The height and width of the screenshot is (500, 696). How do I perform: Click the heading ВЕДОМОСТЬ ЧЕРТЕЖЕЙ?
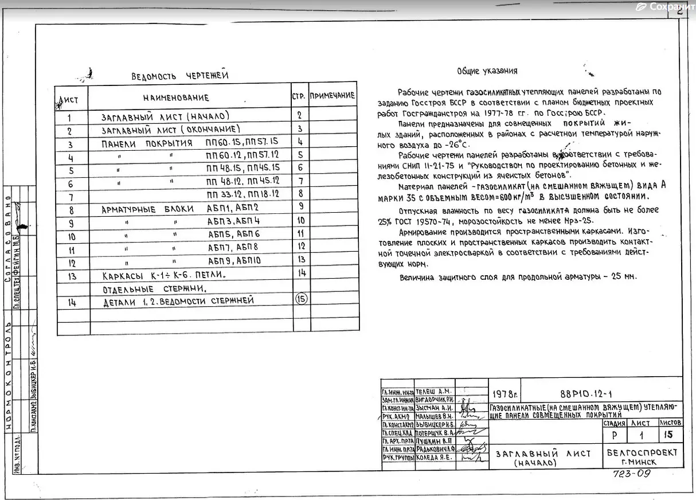tap(179, 76)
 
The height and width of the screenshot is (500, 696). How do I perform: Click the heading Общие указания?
tap(487, 71)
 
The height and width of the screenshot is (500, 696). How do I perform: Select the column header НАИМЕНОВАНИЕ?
tap(175, 98)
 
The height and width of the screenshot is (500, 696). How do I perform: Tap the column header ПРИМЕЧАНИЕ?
tap(333, 96)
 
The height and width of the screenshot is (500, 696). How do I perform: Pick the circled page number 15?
tap(301, 298)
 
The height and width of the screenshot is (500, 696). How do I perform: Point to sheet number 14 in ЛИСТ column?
tap(71, 302)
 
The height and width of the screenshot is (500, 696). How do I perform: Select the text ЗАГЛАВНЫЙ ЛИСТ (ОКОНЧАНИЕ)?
tap(170, 130)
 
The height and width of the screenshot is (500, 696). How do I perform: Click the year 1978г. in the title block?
tap(505, 394)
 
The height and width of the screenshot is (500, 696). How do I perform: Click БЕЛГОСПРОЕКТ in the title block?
tap(642, 452)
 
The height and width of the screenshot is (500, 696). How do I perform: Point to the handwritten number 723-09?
tap(631, 474)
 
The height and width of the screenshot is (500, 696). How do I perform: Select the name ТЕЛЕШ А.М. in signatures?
tap(433, 390)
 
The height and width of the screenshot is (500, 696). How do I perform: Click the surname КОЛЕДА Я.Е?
tap(433, 458)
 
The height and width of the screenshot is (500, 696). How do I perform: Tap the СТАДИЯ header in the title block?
tap(613, 423)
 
